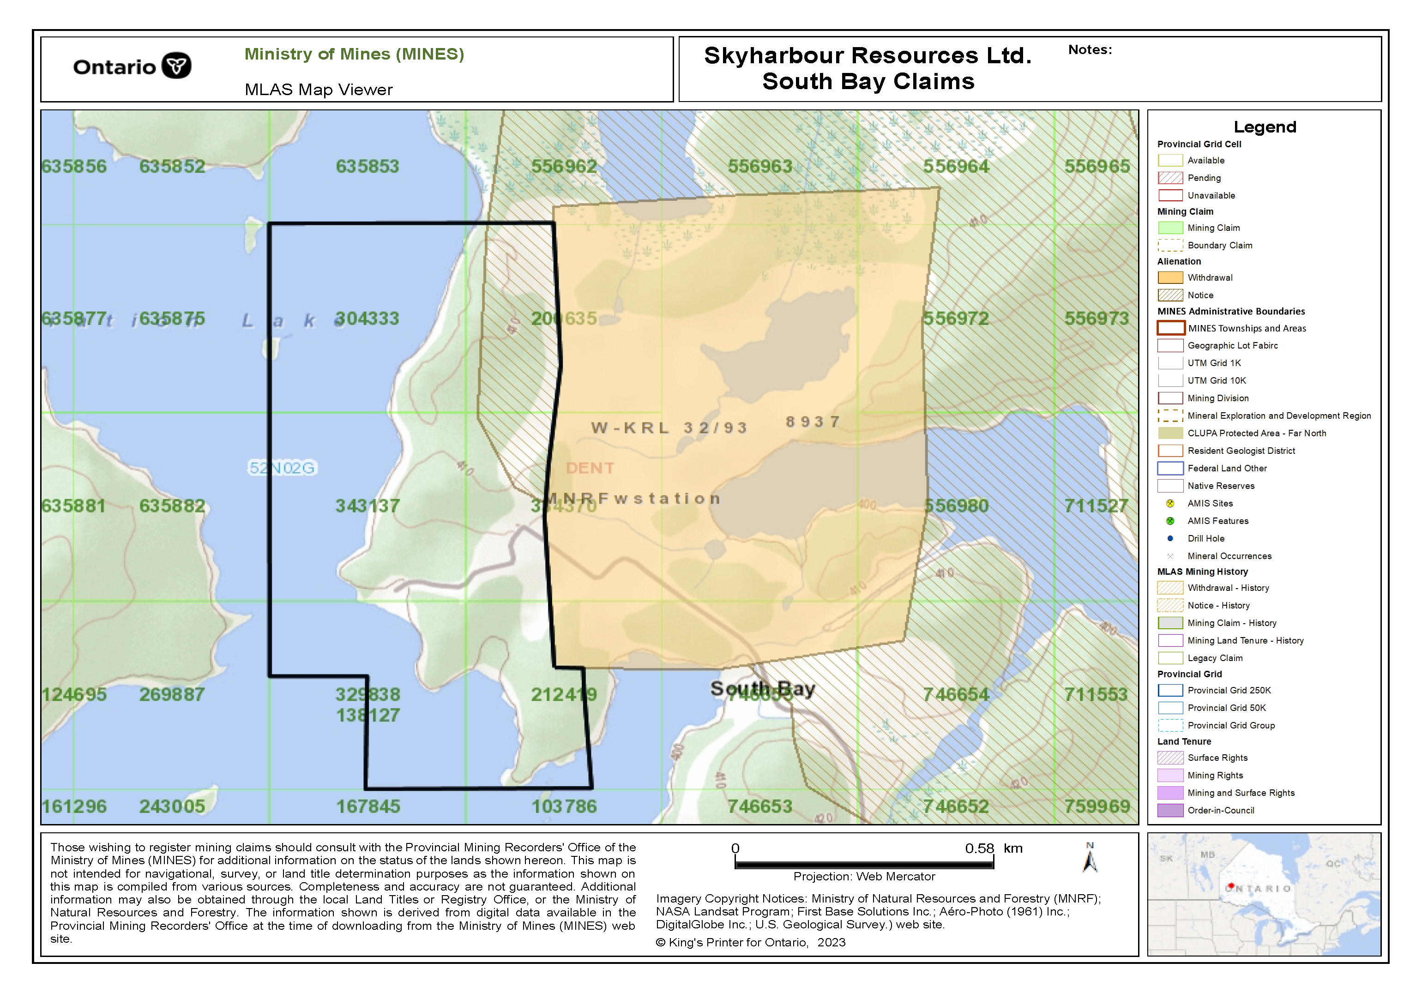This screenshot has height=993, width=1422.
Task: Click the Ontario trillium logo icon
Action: pyautogui.click(x=176, y=65)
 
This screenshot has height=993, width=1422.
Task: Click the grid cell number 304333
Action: pyautogui.click(x=367, y=319)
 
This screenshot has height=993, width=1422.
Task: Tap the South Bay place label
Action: pyautogui.click(x=762, y=688)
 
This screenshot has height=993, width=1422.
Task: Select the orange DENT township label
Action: pyautogui.click(x=590, y=468)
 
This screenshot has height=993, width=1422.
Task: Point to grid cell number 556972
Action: pyautogui.click(x=956, y=319)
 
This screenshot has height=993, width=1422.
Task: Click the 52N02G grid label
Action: pyautogui.click(x=283, y=468)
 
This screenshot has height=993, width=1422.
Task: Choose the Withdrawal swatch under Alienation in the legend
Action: pyautogui.click(x=1170, y=277)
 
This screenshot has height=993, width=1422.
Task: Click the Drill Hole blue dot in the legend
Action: pyautogui.click(x=1170, y=538)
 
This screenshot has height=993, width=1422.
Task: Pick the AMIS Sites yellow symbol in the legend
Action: pyautogui.click(x=1170, y=504)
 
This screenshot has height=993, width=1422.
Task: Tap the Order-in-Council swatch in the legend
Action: pyautogui.click(x=1170, y=810)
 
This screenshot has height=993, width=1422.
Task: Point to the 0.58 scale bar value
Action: pyautogui.click(x=979, y=848)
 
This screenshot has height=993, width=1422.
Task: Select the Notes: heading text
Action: pyautogui.click(x=1090, y=49)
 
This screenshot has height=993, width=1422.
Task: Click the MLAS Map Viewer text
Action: pyautogui.click(x=319, y=90)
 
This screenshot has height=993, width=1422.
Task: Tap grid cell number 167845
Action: pyautogui.click(x=368, y=806)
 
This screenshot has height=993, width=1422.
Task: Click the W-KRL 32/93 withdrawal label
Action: pyautogui.click(x=669, y=428)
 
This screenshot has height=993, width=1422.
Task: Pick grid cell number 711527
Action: pyautogui.click(x=1096, y=506)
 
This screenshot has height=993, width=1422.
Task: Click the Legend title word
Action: pyautogui.click(x=1265, y=127)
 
